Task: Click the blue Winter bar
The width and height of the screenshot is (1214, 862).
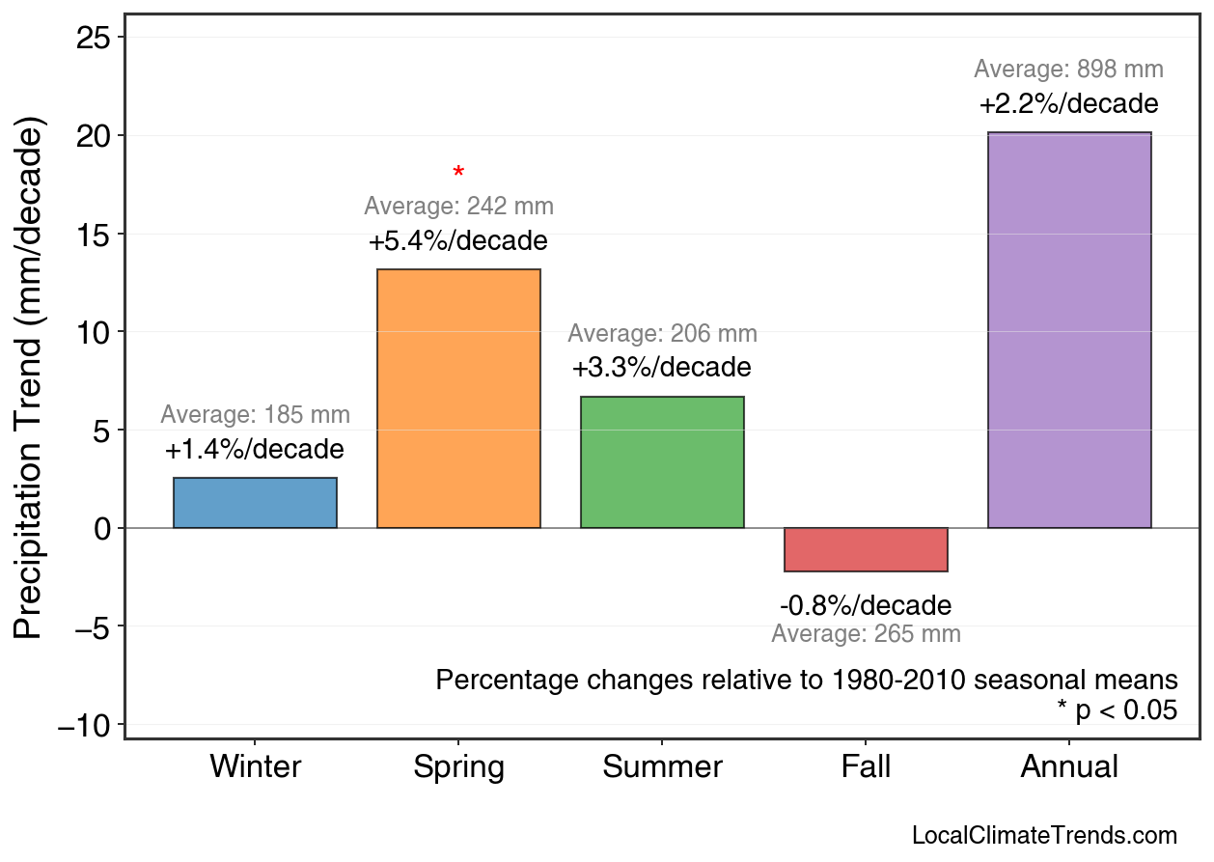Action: (x=255, y=503)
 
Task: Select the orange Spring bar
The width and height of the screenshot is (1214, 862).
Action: (x=458, y=399)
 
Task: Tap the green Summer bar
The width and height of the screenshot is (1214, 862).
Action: (x=662, y=462)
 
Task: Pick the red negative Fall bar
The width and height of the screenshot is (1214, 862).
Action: (x=866, y=549)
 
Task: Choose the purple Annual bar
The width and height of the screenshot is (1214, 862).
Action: (x=1069, y=330)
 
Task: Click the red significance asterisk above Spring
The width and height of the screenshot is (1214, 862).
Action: (x=458, y=174)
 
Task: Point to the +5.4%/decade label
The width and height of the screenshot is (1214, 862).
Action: (x=458, y=241)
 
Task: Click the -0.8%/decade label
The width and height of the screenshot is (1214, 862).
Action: (x=866, y=606)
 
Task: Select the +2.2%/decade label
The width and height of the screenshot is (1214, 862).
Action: (x=1068, y=104)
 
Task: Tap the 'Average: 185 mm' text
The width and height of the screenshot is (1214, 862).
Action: (x=255, y=415)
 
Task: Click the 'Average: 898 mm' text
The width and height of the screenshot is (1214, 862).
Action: (x=1068, y=70)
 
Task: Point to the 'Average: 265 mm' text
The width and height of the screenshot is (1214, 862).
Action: (x=866, y=634)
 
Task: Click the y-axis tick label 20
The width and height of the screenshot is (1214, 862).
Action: (x=95, y=136)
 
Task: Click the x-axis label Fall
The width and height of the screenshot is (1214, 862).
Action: (x=866, y=767)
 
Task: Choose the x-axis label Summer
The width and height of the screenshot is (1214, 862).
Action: (x=662, y=767)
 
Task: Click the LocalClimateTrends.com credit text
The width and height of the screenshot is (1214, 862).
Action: (x=1044, y=836)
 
